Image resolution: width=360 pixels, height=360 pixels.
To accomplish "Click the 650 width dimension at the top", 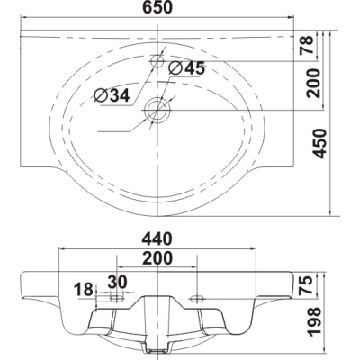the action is [x=157, y=7].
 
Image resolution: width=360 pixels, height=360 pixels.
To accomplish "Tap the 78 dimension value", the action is [x=307, y=45].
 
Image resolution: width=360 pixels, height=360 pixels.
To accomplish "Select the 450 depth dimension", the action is [x=319, y=143].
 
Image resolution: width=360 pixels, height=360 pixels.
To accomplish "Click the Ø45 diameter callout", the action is [x=186, y=68].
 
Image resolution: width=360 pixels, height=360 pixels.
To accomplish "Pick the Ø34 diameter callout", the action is [x=112, y=95].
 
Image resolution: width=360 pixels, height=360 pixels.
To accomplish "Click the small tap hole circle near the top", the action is [x=157, y=61].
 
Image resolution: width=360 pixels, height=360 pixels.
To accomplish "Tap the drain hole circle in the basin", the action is [x=157, y=110].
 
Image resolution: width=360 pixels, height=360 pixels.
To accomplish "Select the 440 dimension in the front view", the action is [x=157, y=239].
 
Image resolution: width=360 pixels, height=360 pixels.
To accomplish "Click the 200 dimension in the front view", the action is [x=157, y=258].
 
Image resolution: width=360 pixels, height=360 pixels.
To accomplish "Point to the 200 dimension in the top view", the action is [x=313, y=84].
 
